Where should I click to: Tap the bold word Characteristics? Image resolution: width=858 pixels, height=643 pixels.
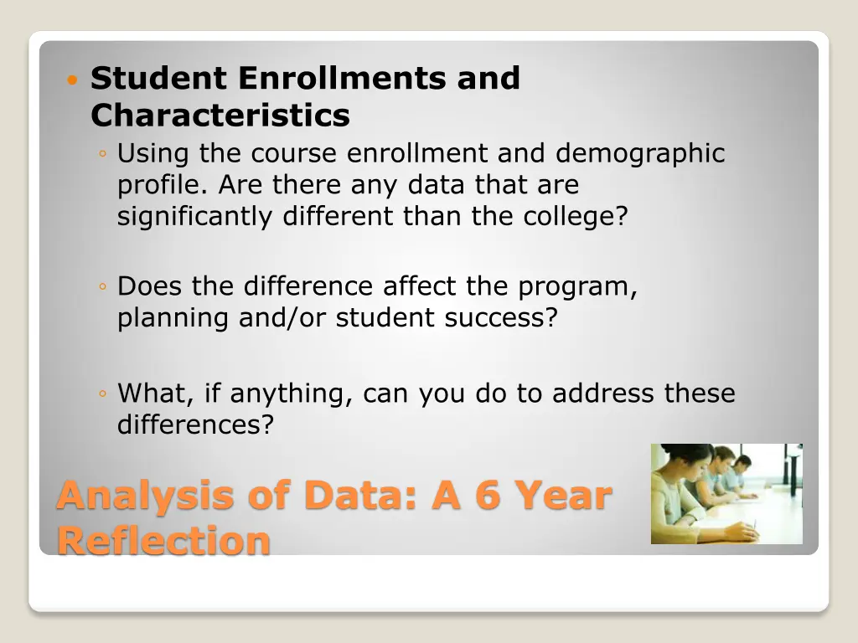220,116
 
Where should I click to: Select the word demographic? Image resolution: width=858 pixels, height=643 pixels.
640,154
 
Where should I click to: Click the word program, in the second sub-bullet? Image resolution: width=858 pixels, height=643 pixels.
578,287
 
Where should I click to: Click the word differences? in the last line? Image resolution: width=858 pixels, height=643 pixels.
195,425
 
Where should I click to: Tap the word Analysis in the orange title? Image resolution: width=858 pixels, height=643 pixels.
145,496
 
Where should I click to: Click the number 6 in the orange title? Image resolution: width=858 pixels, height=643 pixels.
488,496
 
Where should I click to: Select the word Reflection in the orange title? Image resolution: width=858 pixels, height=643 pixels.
163,541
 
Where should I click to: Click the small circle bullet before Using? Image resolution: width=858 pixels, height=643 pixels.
101,155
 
